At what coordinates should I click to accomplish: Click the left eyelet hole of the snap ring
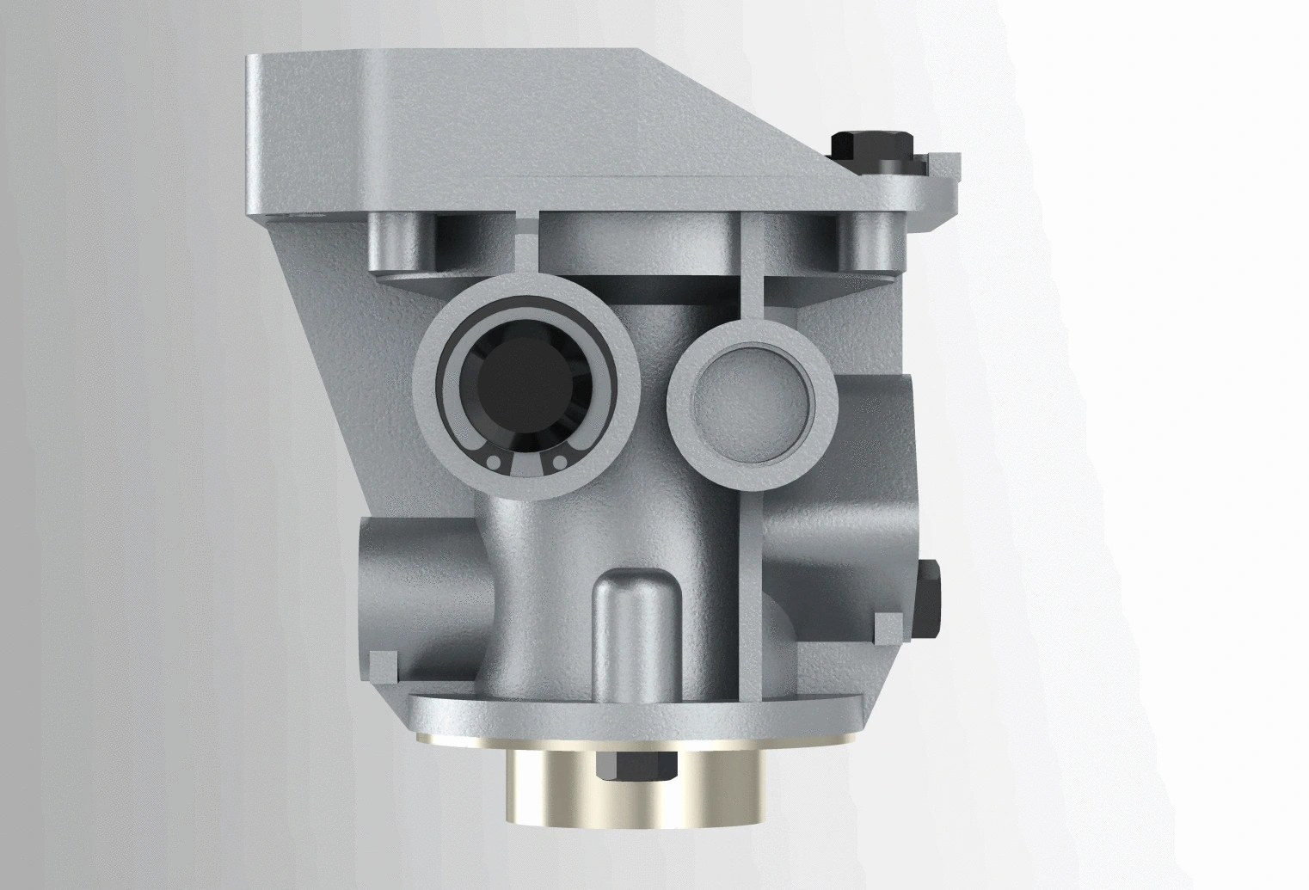(x=494, y=463)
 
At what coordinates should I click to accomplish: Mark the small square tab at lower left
(x=384, y=664)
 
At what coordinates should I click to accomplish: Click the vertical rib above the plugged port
(x=751, y=267)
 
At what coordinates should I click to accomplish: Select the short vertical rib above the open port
(x=526, y=241)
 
